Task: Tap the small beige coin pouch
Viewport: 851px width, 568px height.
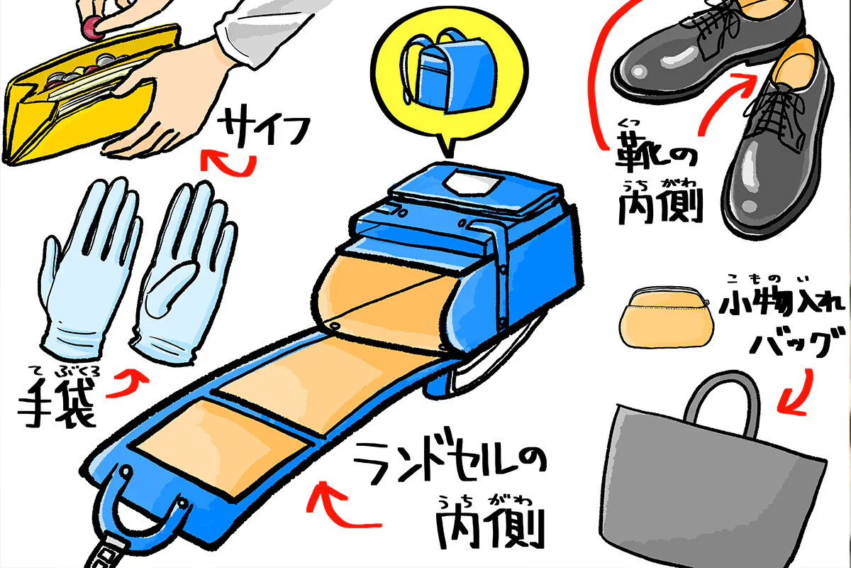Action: (x=664, y=320)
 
